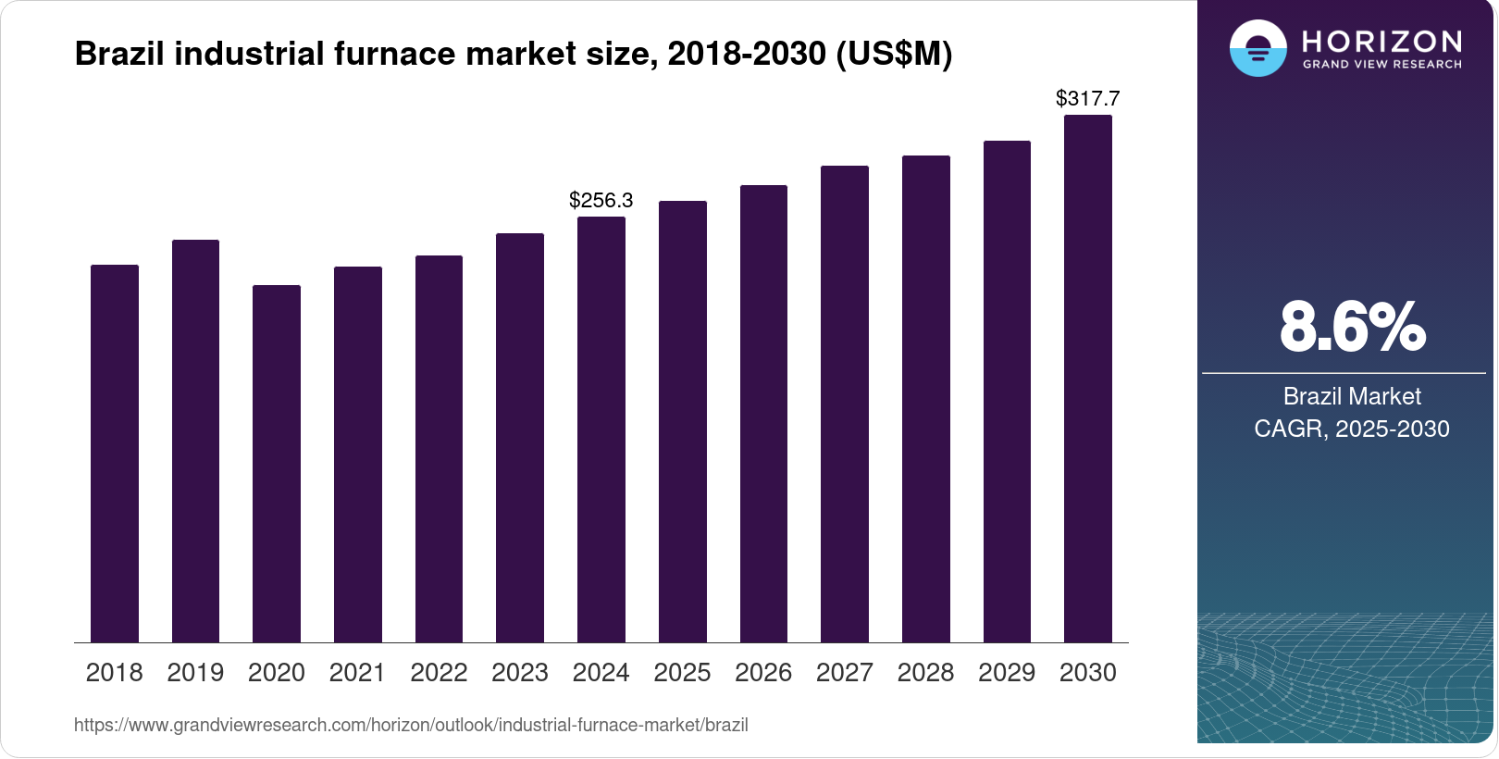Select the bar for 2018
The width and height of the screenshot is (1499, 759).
point(115,454)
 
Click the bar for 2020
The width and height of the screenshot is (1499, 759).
point(277,464)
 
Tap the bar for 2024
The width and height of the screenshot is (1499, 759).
point(601,429)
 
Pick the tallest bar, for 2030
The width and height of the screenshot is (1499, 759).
point(1088,379)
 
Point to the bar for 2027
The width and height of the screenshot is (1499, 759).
point(845,404)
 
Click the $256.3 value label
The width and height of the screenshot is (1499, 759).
point(601,200)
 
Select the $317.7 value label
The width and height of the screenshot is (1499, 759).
point(1088,98)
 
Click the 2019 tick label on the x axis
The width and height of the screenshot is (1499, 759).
point(195,672)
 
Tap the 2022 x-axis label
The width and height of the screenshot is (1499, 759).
point(439,672)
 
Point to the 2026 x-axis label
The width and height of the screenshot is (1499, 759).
point(763,672)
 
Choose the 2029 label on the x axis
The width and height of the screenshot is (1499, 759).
point(1007,672)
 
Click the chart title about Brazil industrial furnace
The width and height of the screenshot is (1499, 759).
point(514,54)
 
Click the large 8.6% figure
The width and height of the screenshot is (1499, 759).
point(1352,327)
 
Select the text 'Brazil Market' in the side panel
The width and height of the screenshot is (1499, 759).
point(1352,396)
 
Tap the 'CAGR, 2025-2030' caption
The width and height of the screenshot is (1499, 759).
point(1352,429)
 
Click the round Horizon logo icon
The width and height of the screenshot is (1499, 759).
point(1257,48)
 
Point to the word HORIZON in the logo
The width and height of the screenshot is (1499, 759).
point(1382,41)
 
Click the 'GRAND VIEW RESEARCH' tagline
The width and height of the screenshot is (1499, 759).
point(1382,65)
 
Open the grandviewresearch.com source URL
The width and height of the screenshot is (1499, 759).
point(411,725)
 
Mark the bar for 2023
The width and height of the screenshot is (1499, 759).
point(520,438)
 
